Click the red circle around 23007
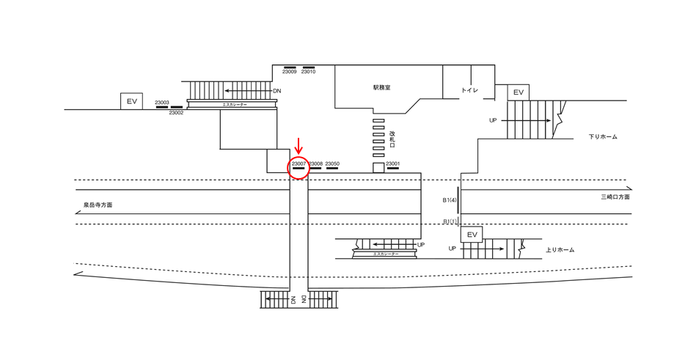[x=298, y=166]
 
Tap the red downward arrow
[x=298, y=146]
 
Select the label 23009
[x=290, y=72]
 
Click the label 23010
[x=308, y=72]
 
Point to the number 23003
[x=162, y=103]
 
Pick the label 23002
[x=176, y=113]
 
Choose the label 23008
[x=316, y=164]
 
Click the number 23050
[x=332, y=164]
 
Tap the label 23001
[x=393, y=164]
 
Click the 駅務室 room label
[x=381, y=87]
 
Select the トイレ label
[x=470, y=90]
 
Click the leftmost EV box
[x=132, y=101]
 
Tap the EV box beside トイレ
[x=518, y=92]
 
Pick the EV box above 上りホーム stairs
[x=472, y=235]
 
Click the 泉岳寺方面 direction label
[x=98, y=205]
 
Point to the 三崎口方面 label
[x=615, y=197]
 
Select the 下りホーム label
[x=603, y=137]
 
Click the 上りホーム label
[x=560, y=250]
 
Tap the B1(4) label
[x=450, y=199]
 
